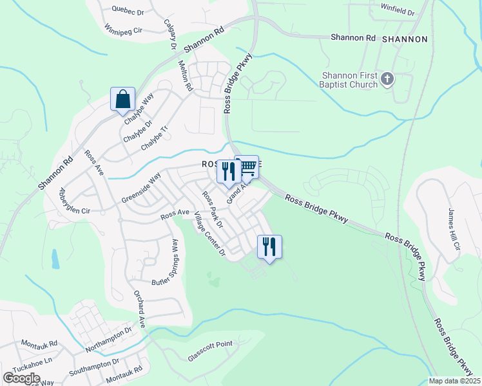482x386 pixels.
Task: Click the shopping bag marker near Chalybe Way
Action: pyautogui.click(x=122, y=100)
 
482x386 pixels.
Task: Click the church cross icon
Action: pyautogui.click(x=387, y=79)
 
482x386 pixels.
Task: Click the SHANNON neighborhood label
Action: pyautogui.click(x=405, y=39)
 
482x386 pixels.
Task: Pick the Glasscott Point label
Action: pyautogui.click(x=210, y=344)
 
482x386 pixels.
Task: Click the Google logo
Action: pyautogui.click(x=21, y=378)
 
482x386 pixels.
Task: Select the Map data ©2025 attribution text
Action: pyautogui.click(x=454, y=381)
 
